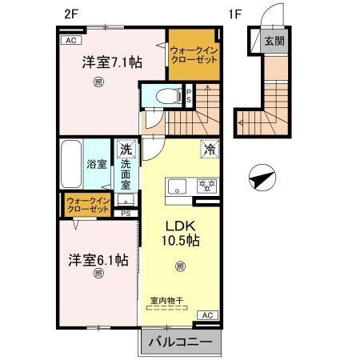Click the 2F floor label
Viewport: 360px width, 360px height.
coord(70,14)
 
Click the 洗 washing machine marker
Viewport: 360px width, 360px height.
coord(126,148)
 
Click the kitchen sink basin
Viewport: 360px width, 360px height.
coord(175,187)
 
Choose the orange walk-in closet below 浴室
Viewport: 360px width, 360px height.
coord(88,204)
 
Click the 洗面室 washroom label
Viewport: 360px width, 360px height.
coord(126,173)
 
